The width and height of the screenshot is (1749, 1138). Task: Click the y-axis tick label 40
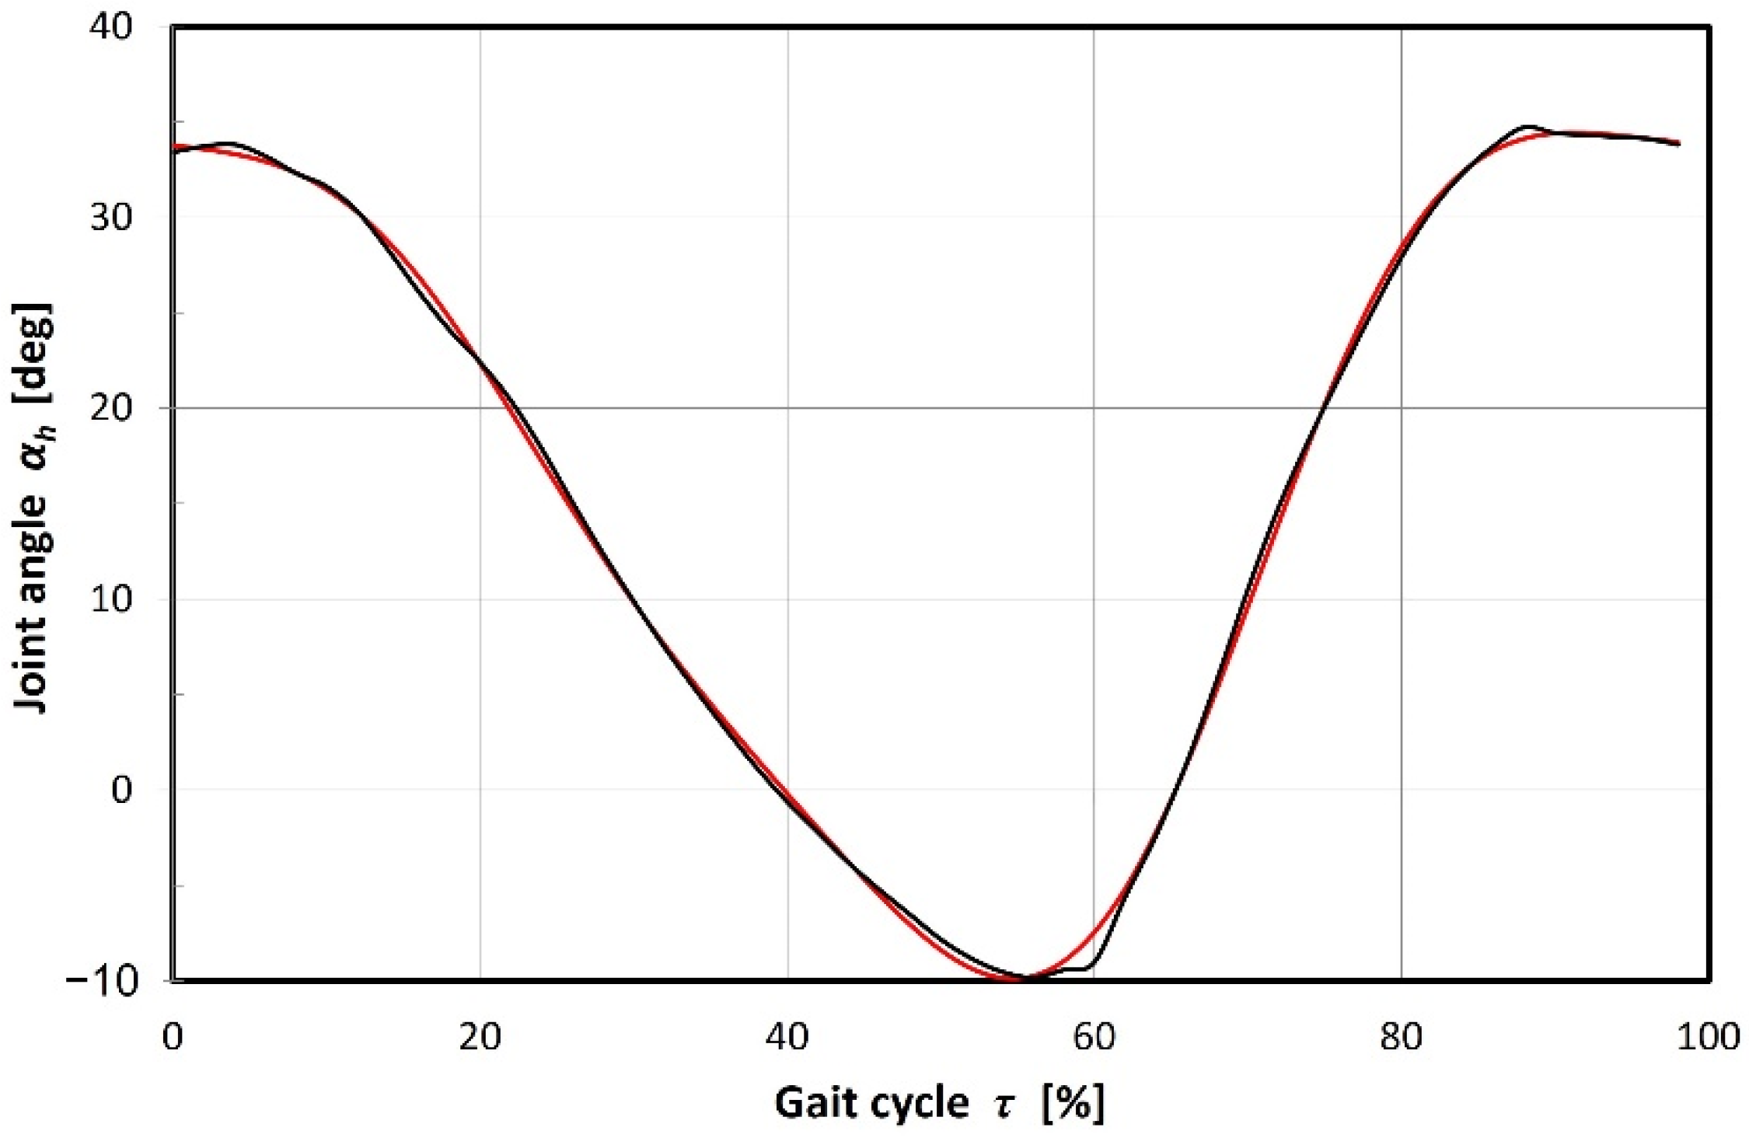[112, 26]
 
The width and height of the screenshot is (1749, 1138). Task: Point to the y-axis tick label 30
[112, 217]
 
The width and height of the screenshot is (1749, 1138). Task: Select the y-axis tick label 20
[112, 407]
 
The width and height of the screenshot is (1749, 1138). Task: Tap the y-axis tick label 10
[112, 599]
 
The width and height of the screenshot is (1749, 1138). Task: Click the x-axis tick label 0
[172, 1037]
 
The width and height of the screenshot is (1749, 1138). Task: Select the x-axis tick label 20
[480, 1037]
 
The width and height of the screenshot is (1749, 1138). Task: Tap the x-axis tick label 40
[787, 1037]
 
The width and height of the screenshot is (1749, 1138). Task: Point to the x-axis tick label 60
[1094, 1037]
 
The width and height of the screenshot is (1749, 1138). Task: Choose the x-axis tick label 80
[1402, 1037]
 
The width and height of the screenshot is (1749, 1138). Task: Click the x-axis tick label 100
[1707, 1037]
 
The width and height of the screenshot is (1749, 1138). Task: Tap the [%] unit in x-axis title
[1073, 1103]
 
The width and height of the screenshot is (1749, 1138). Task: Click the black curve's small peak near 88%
[1528, 126]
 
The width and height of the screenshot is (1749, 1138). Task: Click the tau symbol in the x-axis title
[1005, 1105]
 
